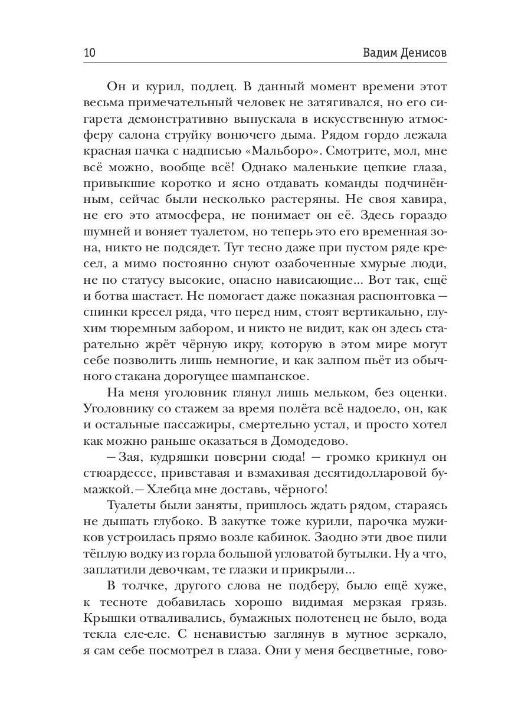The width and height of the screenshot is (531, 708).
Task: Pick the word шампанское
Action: click(267, 376)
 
